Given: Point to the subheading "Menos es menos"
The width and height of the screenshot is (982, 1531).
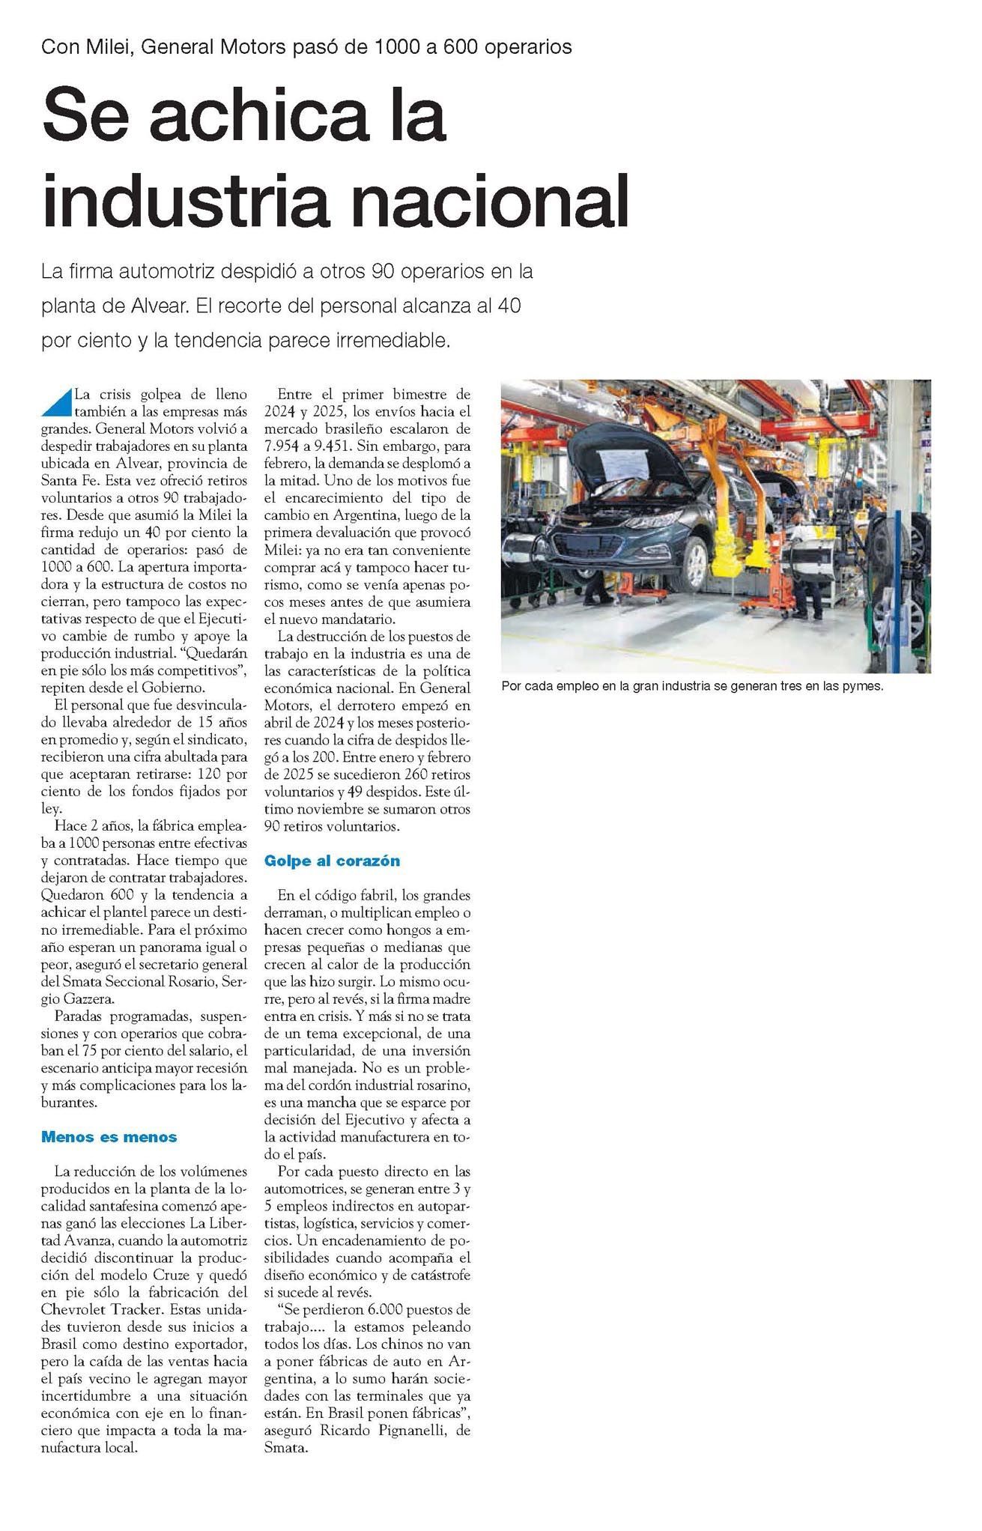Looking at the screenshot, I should [x=109, y=1137].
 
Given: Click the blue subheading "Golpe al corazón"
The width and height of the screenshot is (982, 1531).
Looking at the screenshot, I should [x=332, y=861].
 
